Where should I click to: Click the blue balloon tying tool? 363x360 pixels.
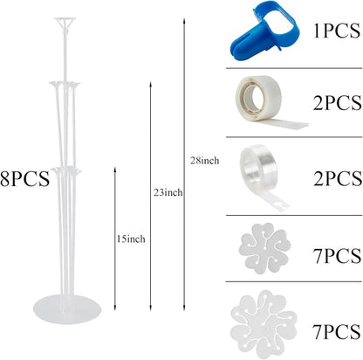point(264,31)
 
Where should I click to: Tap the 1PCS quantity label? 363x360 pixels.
point(337,31)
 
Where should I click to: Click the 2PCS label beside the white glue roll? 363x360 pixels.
point(338,102)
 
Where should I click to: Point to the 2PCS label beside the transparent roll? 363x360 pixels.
point(338,178)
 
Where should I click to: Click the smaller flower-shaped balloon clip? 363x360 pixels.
point(264,248)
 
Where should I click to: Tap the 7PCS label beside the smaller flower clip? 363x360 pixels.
point(337,256)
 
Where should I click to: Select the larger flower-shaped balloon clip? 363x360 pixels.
point(264,323)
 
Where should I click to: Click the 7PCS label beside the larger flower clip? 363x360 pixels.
point(337,331)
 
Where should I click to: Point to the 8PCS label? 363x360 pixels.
point(25,179)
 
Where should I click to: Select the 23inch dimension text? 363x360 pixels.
point(168,192)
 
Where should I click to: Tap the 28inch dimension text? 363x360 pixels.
point(205,160)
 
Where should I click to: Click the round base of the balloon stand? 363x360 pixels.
point(67,308)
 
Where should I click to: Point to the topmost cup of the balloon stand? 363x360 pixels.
point(65,22)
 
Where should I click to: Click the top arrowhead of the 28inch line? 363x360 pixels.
point(184,21)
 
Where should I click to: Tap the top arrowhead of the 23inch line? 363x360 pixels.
point(150,85)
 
